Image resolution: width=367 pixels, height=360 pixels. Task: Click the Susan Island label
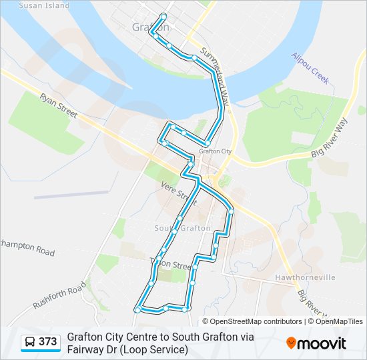pyautogui.click(x=44, y=5)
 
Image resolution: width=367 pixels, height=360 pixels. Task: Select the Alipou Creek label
pyautogui.click(x=311, y=68)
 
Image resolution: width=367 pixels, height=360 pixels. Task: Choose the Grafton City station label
pyautogui.click(x=215, y=151)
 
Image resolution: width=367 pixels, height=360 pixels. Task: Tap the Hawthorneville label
pyautogui.click(x=304, y=277)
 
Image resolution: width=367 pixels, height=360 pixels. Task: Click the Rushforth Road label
pyautogui.click(x=59, y=295)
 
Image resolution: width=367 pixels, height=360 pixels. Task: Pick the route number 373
pyautogui.click(x=47, y=342)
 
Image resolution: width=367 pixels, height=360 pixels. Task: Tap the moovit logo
pyautogui.click(x=316, y=343)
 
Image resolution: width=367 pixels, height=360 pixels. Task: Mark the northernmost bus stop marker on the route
pyautogui.click(x=163, y=15)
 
